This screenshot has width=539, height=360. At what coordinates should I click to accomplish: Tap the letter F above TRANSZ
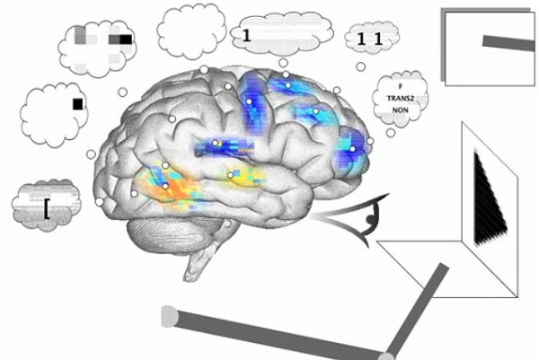pos(400,85)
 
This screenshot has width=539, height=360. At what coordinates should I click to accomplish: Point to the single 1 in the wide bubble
pos(245,36)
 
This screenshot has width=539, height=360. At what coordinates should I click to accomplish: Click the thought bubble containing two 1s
pos(370,38)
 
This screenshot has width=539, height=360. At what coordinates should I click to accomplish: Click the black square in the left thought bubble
pos(78,104)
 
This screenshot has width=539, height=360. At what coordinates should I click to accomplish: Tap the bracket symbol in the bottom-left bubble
pos(45,208)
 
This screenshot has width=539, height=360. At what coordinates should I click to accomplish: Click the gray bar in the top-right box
pos(508,40)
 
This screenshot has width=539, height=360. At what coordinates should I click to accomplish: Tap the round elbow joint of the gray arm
pos(387,356)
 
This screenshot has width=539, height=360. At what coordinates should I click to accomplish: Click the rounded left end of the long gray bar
pos(168,315)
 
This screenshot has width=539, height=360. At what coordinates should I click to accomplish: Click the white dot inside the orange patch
pos(165,185)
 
